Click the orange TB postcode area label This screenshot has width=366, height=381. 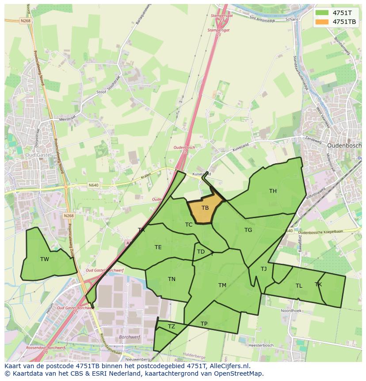click(x=205, y=208)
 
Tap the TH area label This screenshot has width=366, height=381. click(x=273, y=191)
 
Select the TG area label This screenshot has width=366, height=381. click(x=248, y=230)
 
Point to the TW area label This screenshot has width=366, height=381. click(x=45, y=259)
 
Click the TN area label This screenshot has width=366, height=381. click(x=172, y=279)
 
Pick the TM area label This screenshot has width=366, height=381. click(x=222, y=285)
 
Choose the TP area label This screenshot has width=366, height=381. click(x=204, y=324)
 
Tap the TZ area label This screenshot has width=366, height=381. click(x=172, y=327)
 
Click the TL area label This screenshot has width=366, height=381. click(x=299, y=286)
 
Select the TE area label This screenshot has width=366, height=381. click(x=158, y=247)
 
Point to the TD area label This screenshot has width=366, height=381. click(x=201, y=252)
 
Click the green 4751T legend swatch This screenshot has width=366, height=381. click(x=322, y=12)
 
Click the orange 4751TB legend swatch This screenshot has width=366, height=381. click(x=322, y=21)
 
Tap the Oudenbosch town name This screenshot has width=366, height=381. click(x=344, y=145)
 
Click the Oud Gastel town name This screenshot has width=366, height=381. click(x=38, y=155)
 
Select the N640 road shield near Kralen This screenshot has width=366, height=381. click(x=93, y=185)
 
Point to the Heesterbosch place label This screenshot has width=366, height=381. click(x=261, y=345)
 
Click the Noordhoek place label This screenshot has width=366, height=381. click(x=291, y=311)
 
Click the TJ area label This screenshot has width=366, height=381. click(x=263, y=269)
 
